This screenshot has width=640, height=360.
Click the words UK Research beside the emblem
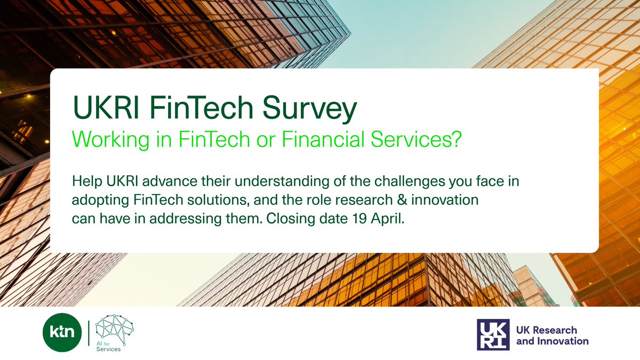pyautogui.click(x=546, y=330)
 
